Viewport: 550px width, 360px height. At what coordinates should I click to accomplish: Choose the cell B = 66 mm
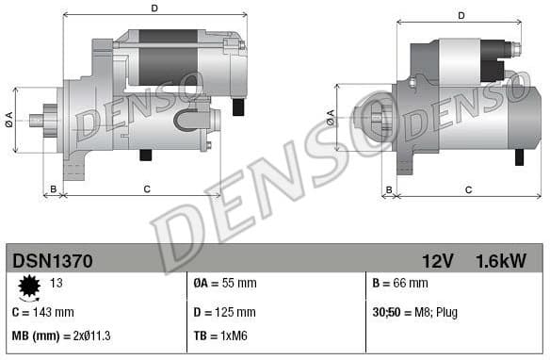click(x=400, y=284)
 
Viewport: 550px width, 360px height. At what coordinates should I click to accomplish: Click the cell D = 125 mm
click(x=224, y=312)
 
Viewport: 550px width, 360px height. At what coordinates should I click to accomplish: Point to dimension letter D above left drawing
click(x=154, y=8)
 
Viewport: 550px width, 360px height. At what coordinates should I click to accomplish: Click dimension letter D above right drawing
click(x=461, y=15)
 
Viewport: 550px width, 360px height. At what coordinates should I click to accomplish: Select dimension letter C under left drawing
click(x=147, y=189)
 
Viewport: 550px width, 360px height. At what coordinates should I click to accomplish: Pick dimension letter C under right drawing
click(x=468, y=189)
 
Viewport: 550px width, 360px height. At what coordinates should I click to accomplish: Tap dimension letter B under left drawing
click(x=53, y=189)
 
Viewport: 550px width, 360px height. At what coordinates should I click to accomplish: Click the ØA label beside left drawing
click(x=8, y=118)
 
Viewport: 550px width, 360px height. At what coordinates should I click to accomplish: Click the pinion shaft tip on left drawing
click(x=35, y=120)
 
